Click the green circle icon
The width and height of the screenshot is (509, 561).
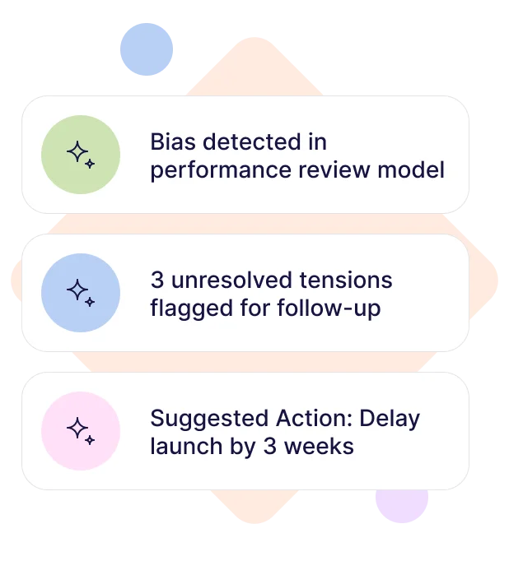pyautogui.click(x=81, y=155)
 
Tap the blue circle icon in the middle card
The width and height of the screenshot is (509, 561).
pyautogui.click(x=81, y=293)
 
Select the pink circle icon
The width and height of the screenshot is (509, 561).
pyautogui.click(x=81, y=431)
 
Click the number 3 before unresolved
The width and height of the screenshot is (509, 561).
pyautogui.click(x=156, y=280)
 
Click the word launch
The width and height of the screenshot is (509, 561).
pyautogui.click(x=180, y=447)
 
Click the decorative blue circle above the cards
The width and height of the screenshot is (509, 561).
pyautogui.click(x=147, y=49)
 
